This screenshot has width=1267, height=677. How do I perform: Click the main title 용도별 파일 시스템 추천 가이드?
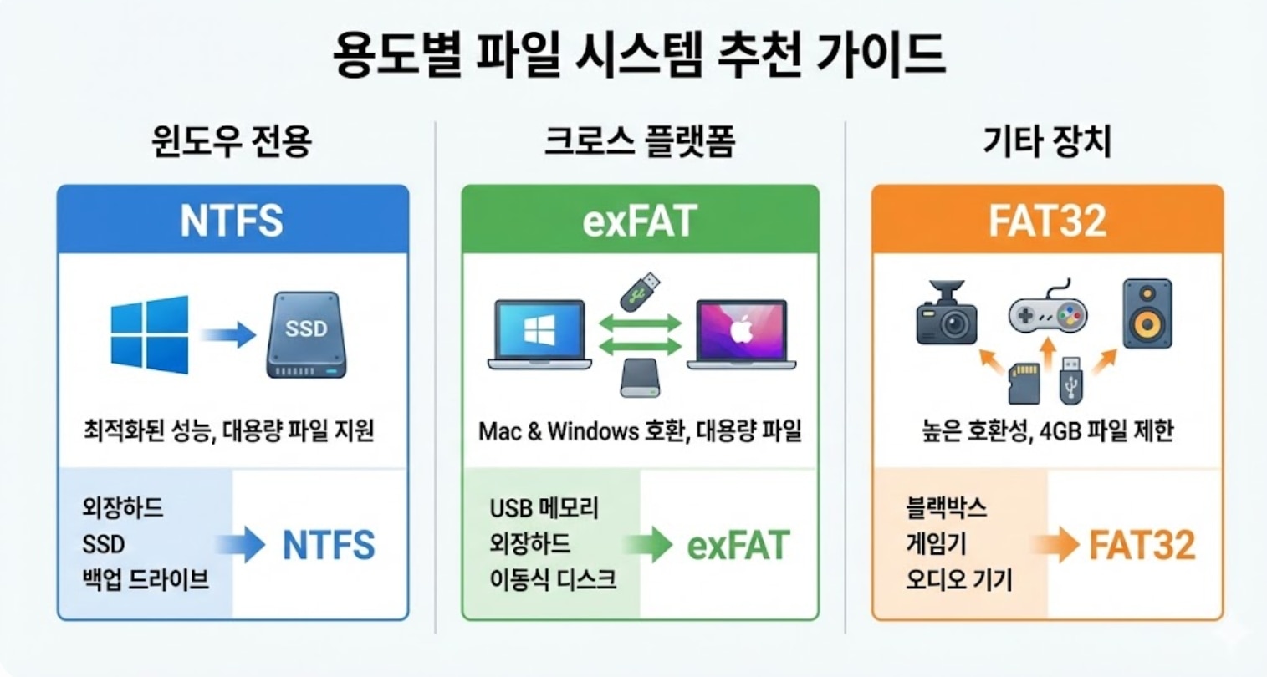pos(640,55)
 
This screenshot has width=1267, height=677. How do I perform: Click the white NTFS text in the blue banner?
pos(232,221)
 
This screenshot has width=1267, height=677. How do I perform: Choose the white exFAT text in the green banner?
pos(640,221)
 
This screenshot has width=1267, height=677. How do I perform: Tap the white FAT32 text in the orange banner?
pos(1047,221)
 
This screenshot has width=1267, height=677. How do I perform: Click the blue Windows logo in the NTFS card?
pos(151,334)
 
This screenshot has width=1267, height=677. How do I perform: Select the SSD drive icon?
pos(306,335)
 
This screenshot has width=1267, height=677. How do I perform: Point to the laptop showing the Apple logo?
pos(741,335)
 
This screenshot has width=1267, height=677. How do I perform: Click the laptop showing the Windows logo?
pos(539,335)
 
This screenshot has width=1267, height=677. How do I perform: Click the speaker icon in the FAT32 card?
pos(1147,313)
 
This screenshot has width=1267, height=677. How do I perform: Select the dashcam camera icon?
pos(947,313)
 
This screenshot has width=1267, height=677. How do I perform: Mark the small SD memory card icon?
pos(1024,383)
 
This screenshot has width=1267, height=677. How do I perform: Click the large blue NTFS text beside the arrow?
pos(329,545)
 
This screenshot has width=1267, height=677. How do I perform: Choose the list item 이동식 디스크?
pos(553,579)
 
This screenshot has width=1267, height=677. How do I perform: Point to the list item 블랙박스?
pos(946,507)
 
